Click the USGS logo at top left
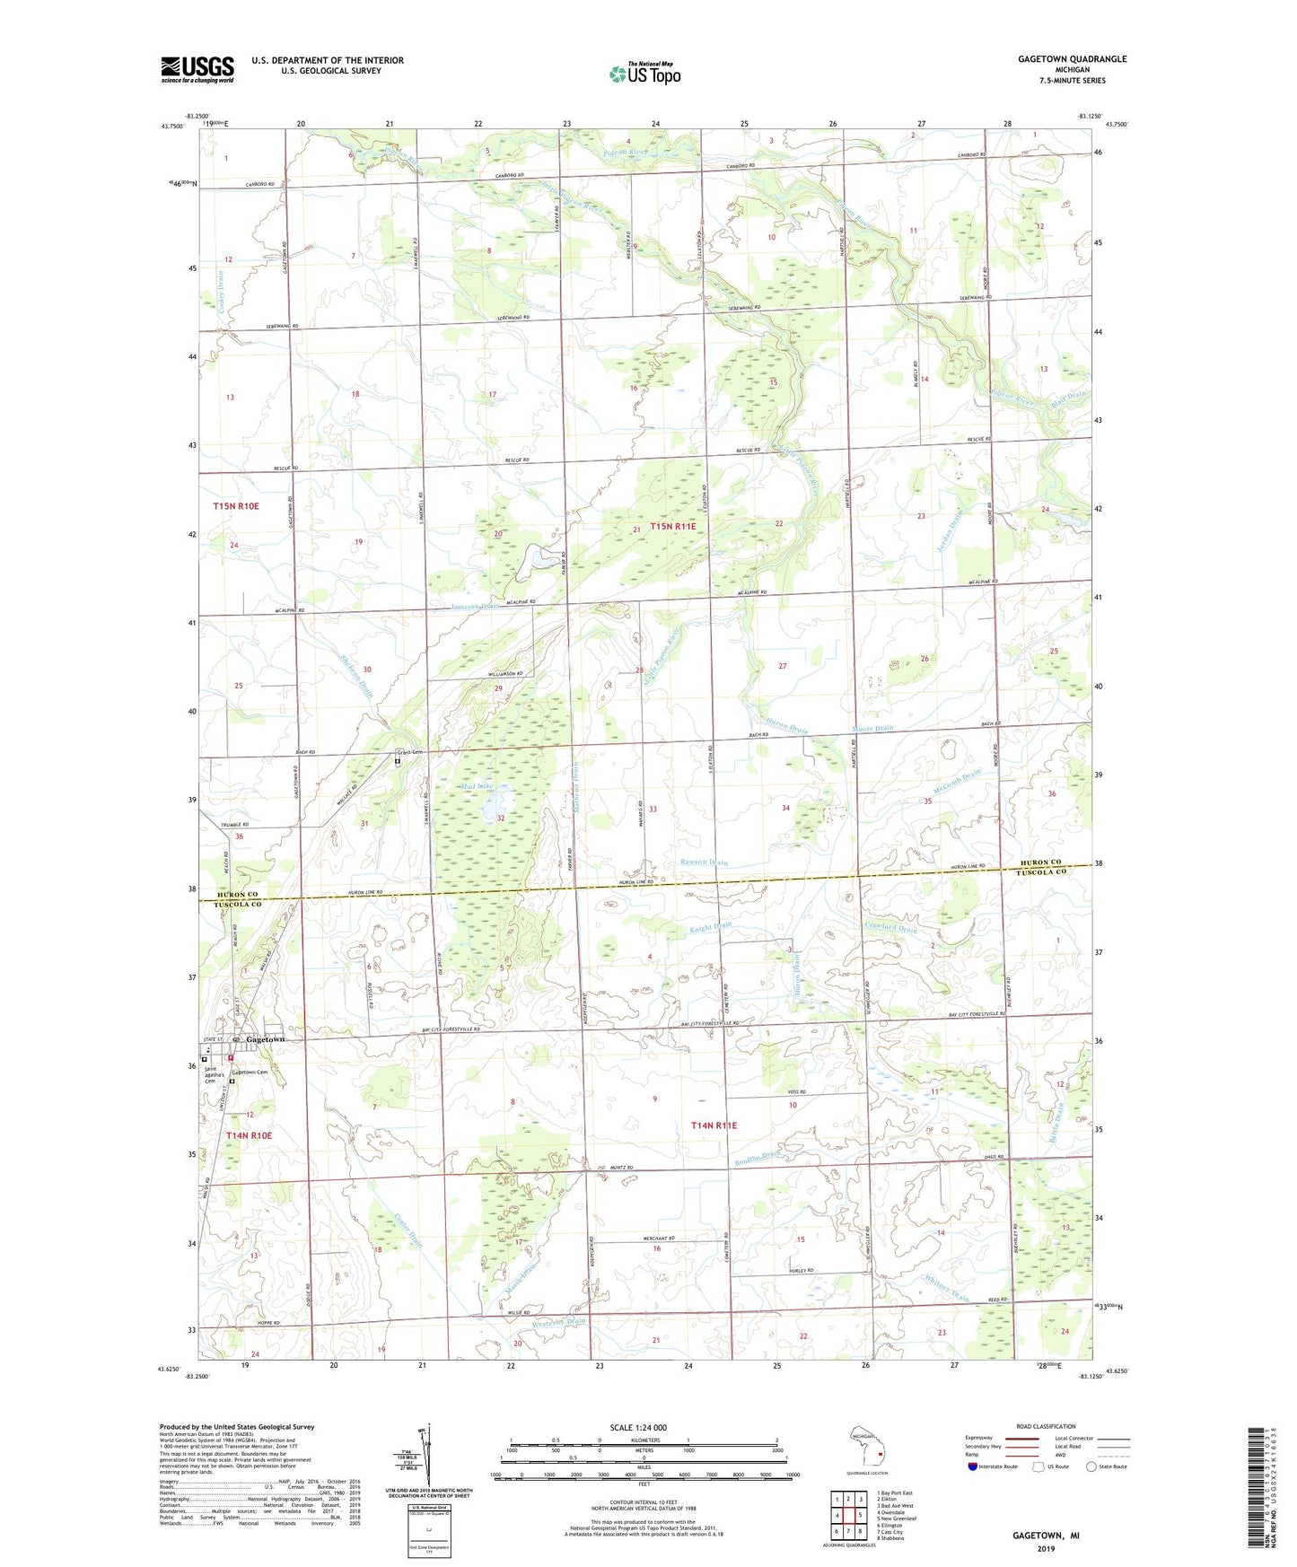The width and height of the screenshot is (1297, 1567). click(x=197, y=69)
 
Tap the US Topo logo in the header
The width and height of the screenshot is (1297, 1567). click(x=644, y=74)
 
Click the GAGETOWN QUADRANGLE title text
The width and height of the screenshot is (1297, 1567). click(x=1072, y=59)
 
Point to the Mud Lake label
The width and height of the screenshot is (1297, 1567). click(x=477, y=786)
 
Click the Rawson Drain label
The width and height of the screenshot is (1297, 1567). click(x=704, y=862)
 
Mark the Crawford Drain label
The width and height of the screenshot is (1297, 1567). click(x=890, y=929)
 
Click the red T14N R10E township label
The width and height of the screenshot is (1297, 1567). click(x=249, y=1135)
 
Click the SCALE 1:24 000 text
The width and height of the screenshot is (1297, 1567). click(x=638, y=1427)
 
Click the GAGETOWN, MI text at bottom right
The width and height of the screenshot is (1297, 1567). click(x=1046, y=1536)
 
